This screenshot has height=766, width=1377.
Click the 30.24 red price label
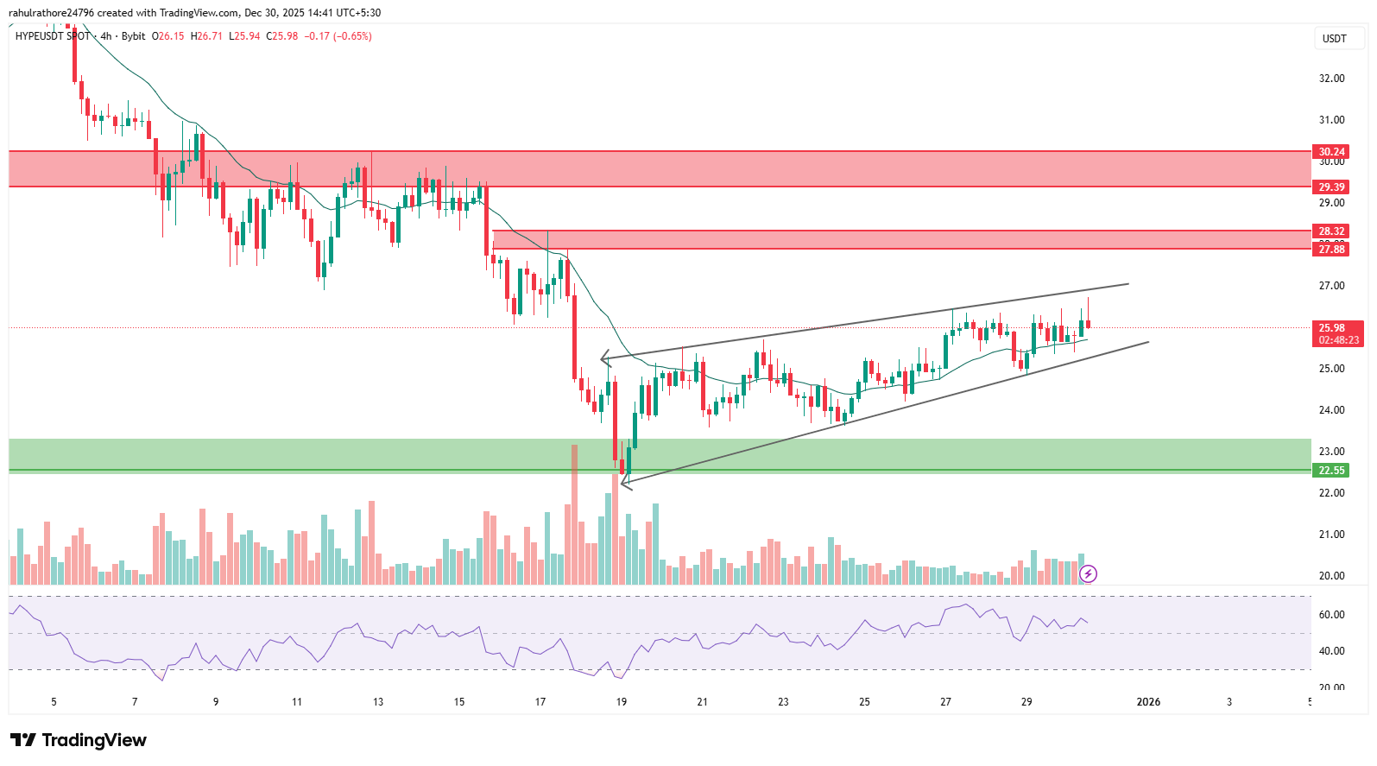[1331, 151]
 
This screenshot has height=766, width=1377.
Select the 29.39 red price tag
[1331, 187]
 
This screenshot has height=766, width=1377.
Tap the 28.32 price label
[1331, 231]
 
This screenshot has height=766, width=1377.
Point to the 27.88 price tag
[1331, 249]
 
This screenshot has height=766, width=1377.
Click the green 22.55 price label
[1331, 470]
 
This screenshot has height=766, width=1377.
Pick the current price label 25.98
[1331, 328]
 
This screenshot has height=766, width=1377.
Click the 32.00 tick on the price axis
[1331, 79]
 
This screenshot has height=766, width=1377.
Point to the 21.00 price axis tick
[1331, 535]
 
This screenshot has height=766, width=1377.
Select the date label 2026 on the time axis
[1148, 702]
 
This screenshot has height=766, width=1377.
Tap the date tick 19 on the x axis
[622, 702]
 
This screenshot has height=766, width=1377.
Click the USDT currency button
[1334, 38]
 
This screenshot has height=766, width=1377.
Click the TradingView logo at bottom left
[79, 740]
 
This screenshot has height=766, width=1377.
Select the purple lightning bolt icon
[1089, 573]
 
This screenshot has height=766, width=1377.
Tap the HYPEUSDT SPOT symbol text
[53, 36]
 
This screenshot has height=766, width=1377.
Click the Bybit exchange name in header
[133, 36]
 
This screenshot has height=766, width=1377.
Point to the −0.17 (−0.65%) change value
[338, 36]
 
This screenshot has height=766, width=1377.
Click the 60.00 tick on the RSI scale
[1331, 615]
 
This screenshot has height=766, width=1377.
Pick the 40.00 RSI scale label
[1331, 651]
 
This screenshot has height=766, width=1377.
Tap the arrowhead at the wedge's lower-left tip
[623, 484]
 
